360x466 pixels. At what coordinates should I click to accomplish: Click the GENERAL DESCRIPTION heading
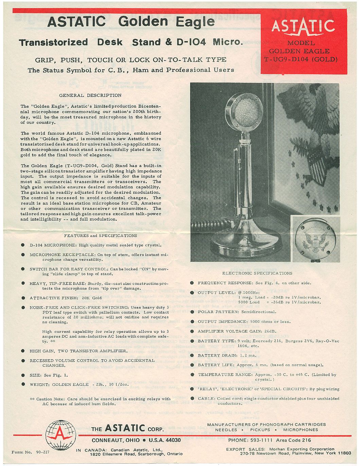click(x=90, y=96)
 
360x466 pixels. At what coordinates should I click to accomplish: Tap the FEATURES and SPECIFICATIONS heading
click(x=101, y=236)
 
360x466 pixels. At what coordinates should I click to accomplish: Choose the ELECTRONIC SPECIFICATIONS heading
click(x=257, y=273)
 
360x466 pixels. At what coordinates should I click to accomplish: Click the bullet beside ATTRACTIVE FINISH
click(x=23, y=298)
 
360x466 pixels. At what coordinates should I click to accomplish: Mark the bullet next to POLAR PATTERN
click(x=192, y=312)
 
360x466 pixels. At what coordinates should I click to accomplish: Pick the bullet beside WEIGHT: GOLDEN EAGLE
click(x=23, y=384)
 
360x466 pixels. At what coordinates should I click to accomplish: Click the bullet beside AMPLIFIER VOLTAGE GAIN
click(x=192, y=331)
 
